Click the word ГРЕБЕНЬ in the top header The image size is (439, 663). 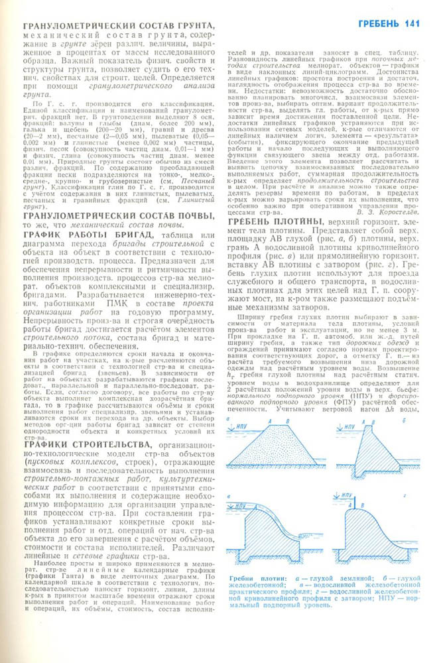[380, 25]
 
